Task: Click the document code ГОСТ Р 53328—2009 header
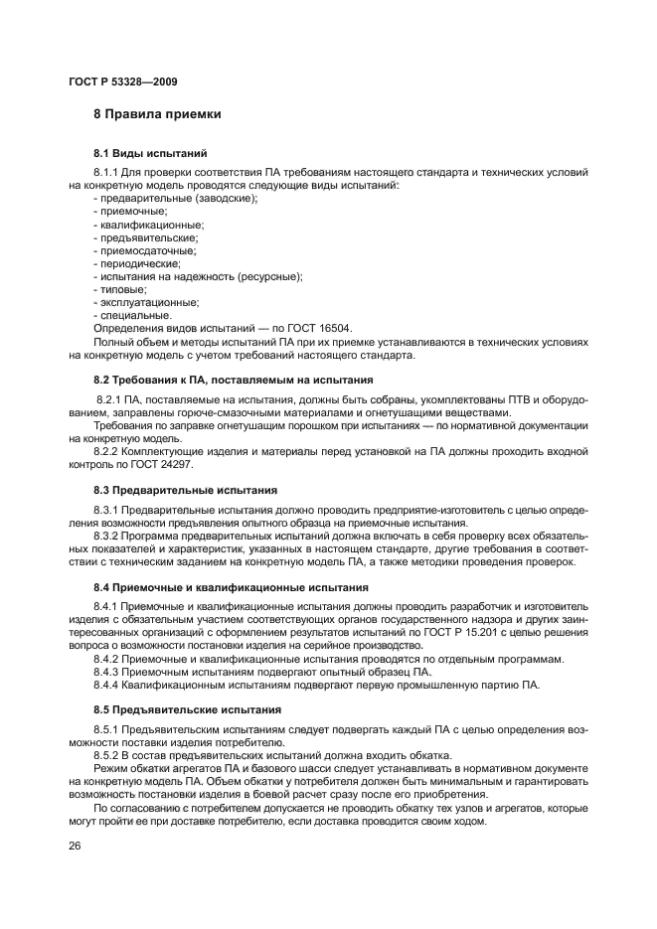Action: (x=123, y=80)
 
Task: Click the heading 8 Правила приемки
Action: (x=156, y=115)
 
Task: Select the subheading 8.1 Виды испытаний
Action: (x=149, y=154)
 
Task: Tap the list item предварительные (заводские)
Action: (x=174, y=199)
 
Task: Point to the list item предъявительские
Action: (x=145, y=237)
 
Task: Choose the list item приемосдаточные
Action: (x=144, y=250)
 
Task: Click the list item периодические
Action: (x=136, y=263)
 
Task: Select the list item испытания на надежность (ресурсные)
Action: (x=197, y=276)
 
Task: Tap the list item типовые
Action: (x=120, y=289)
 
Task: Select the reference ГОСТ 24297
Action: (x=163, y=464)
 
